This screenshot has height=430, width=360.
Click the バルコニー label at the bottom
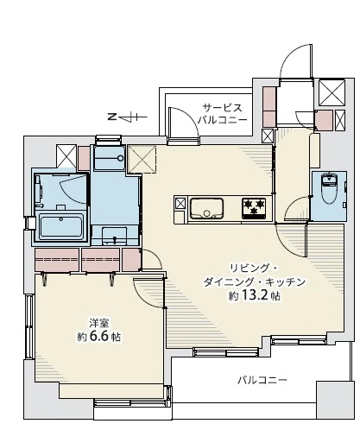(262, 380)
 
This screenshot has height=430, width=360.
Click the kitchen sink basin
(206, 207)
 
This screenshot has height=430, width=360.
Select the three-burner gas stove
(254, 206)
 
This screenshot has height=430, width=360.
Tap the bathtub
(60, 228)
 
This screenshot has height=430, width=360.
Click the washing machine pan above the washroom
(109, 155)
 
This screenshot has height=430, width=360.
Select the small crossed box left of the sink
(180, 205)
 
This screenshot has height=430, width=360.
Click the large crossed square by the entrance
(332, 92)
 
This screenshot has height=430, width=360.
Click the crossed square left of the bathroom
(66, 155)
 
